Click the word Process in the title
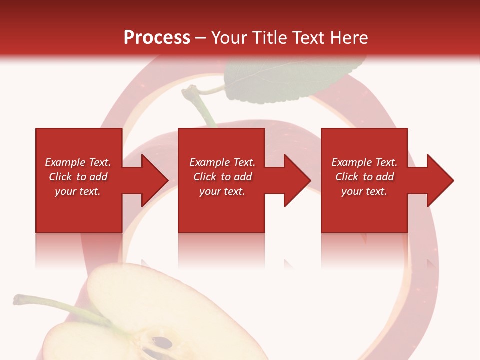click(x=157, y=38)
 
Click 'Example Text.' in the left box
click(x=78, y=162)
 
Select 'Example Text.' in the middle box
click(x=222, y=162)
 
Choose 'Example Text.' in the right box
click(x=364, y=162)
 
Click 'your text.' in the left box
click(x=78, y=191)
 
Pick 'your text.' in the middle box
click(x=222, y=191)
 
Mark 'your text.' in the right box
click(x=364, y=191)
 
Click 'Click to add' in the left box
click(x=78, y=177)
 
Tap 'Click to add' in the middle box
click(x=222, y=177)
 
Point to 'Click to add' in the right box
click(x=364, y=177)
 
